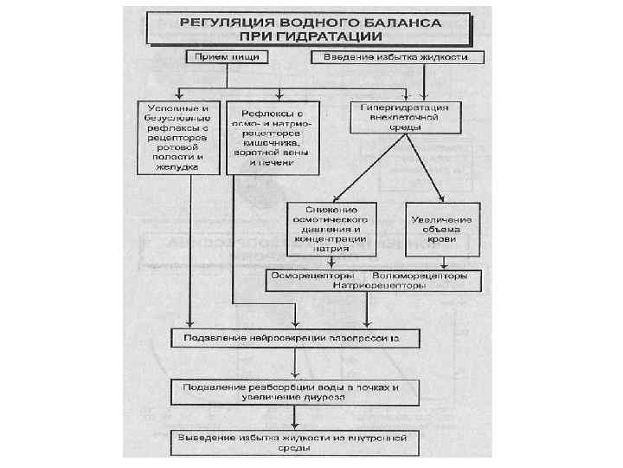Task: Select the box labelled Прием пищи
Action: (227, 57)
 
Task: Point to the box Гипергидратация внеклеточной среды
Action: (399, 116)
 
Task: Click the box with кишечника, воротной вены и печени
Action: (273, 137)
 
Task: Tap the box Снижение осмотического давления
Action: (333, 228)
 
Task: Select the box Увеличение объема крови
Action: (441, 228)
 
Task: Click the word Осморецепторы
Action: (305, 275)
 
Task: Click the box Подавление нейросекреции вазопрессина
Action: (296, 335)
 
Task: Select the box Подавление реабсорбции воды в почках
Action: (296, 390)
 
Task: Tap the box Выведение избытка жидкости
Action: (296, 441)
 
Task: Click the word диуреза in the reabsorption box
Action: (322, 396)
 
